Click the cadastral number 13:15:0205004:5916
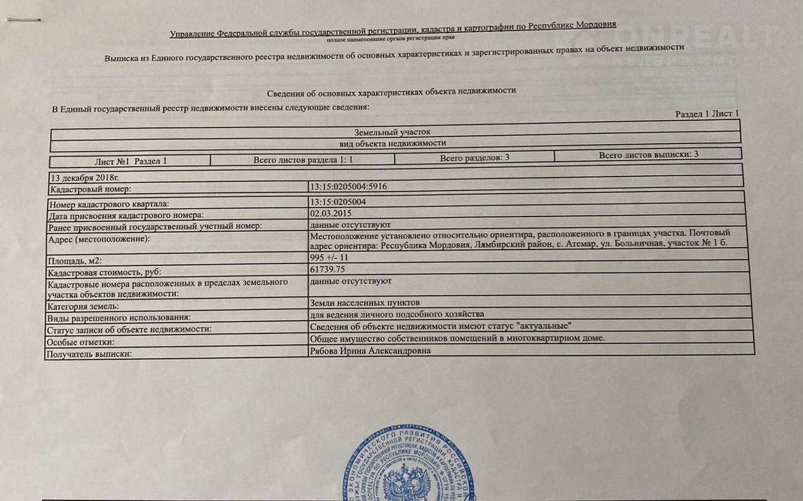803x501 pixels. [348, 187]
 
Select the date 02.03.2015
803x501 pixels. [330, 213]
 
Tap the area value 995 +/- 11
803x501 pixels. [329, 257]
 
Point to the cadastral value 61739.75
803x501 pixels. [327, 269]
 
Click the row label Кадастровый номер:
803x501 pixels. [89, 189]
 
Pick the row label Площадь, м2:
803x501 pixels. [75, 261]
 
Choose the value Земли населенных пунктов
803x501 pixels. [365, 303]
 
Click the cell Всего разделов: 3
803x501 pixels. [474, 157]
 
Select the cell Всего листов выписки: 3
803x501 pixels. [648, 154]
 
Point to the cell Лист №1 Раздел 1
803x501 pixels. [131, 161]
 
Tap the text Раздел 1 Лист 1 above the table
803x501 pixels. [707, 114]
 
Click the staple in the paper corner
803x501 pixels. [23, 20]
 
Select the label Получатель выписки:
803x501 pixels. [89, 354]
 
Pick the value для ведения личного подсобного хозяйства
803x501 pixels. [397, 314]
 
